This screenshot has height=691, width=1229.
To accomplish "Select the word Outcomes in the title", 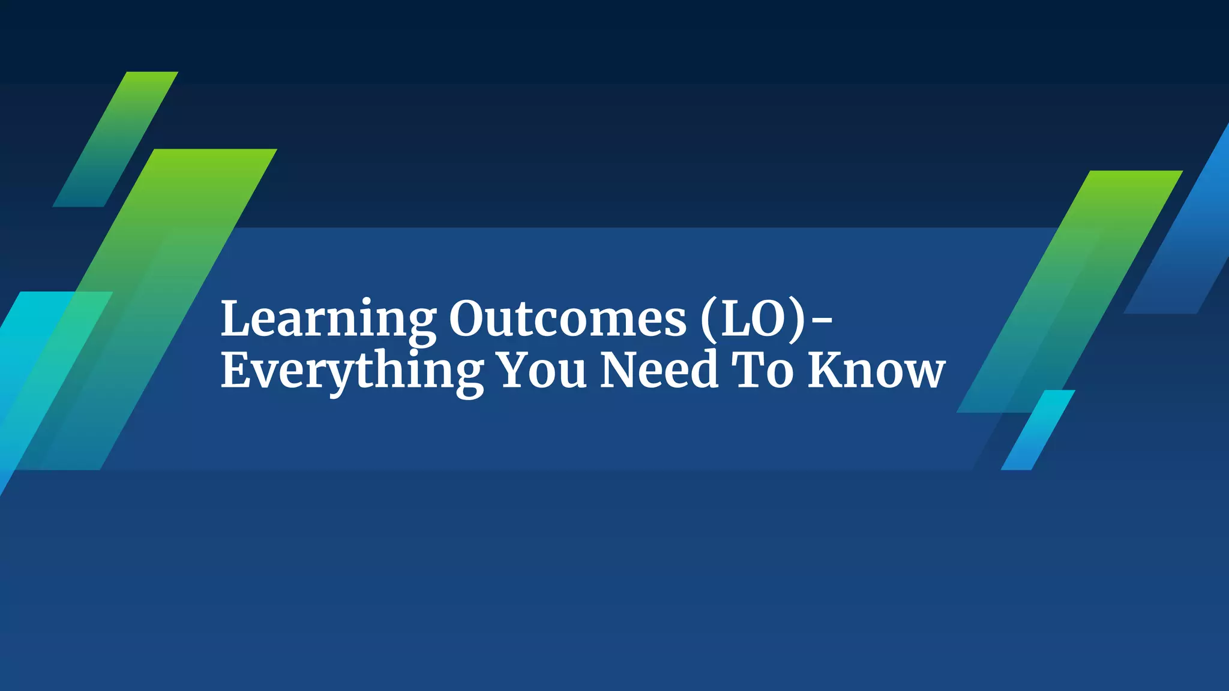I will click(567, 319).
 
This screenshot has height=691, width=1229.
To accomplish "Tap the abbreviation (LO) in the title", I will click(754, 319).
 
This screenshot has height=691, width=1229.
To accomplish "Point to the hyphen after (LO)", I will click(822, 322).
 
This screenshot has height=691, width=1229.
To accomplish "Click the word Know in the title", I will click(876, 370).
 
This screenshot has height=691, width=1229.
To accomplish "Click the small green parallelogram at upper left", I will click(115, 139).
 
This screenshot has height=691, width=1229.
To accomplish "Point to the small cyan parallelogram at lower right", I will click(1038, 429).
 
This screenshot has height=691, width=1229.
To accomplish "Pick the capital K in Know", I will click(828, 370).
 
